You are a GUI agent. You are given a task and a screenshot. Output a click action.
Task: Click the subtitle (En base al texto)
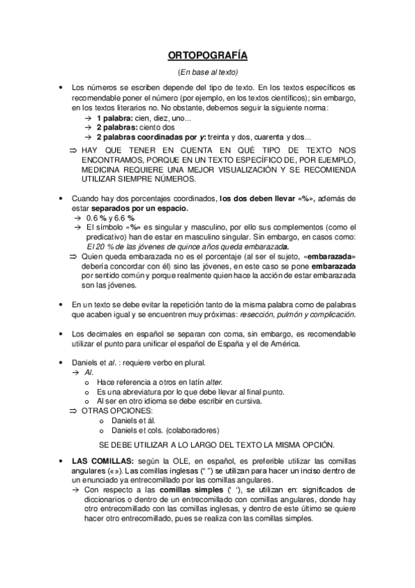[208, 72]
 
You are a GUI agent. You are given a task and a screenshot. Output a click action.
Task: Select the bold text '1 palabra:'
[116, 119]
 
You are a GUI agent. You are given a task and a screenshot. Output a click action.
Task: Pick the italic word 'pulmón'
[277, 314]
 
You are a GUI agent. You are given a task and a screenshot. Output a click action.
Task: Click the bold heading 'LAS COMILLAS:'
[99, 462]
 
